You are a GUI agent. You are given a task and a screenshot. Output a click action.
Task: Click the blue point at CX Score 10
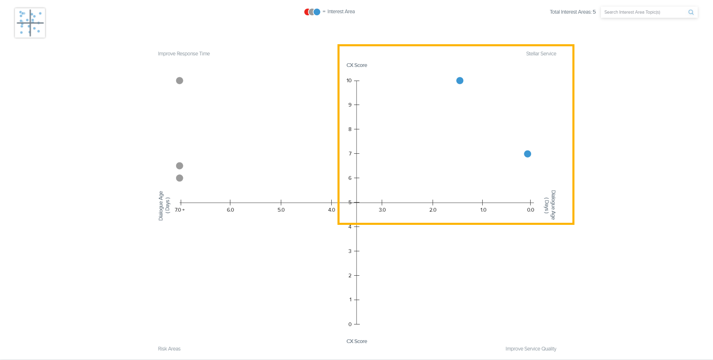459,81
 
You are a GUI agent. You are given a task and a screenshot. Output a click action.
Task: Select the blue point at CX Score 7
527,154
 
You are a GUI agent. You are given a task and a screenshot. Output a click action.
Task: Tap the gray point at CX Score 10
179,81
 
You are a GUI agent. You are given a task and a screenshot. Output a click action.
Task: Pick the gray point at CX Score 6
179,178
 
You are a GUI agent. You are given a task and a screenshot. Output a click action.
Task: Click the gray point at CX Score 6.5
179,166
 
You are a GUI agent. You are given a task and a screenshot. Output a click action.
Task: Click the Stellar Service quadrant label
541,54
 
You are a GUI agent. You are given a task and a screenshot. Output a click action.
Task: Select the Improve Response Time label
184,54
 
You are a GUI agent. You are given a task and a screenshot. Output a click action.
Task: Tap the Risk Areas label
169,349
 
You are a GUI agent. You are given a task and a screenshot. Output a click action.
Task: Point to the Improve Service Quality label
531,349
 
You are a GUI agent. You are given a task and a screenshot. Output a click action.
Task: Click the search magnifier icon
691,12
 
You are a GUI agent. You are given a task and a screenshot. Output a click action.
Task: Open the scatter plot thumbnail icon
30,23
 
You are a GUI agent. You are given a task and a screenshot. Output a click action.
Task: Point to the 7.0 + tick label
179,210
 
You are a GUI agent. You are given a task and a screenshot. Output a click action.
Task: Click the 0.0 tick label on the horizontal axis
531,210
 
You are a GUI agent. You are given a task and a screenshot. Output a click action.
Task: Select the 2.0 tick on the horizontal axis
433,210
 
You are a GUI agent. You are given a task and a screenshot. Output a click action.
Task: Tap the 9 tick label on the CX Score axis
350,105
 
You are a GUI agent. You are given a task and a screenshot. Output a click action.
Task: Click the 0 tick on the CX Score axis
350,324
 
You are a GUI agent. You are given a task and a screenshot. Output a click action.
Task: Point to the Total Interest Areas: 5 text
572,12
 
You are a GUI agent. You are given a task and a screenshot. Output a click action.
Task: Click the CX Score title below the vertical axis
356,341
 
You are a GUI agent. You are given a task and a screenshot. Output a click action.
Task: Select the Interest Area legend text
341,12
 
